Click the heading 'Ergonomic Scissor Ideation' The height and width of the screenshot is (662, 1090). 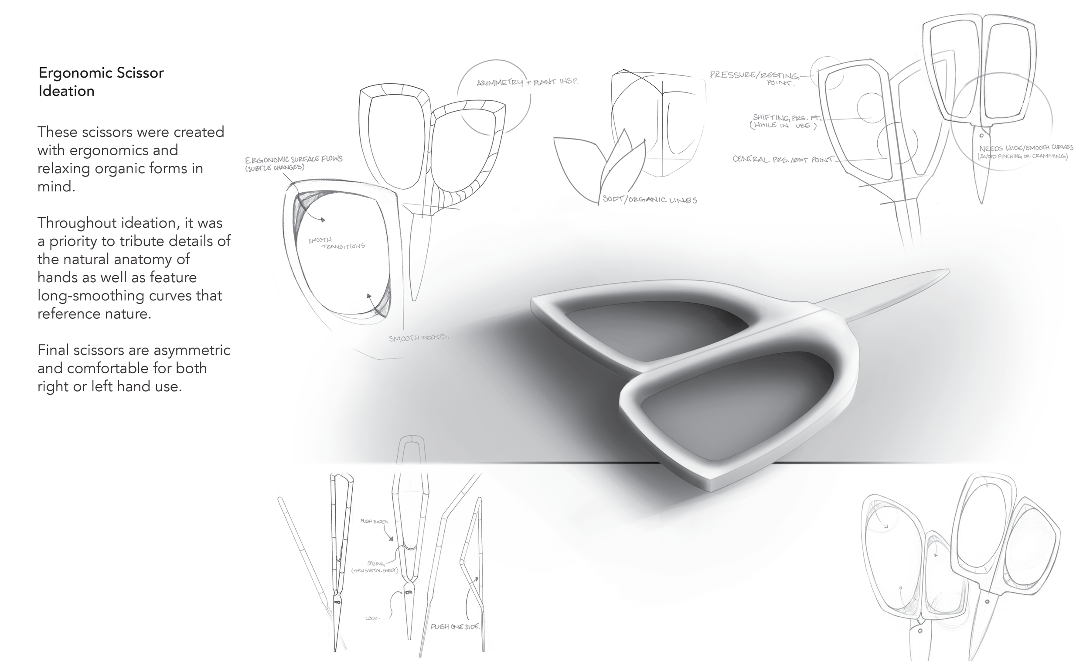(101, 82)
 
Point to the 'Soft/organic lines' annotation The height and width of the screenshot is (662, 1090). (650, 200)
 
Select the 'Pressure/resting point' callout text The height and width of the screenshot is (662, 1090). (754, 78)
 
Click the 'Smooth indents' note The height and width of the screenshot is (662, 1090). (418, 338)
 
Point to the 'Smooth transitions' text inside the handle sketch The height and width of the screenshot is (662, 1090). (336, 243)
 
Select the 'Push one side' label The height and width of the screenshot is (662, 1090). (455, 627)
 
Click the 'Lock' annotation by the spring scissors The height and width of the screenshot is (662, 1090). (372, 618)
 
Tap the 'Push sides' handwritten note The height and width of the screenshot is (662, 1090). (374, 521)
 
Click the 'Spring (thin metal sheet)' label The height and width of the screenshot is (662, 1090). (375, 567)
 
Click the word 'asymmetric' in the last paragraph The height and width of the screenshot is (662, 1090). (191, 350)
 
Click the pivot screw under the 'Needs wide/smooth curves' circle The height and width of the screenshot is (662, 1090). (981, 135)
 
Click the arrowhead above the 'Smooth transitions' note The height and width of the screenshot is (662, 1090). (324, 219)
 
